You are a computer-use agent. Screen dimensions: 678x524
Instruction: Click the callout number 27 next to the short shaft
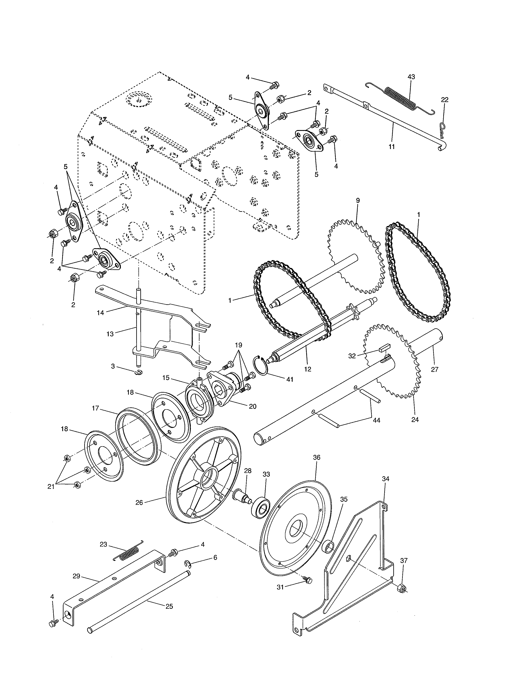tap(435, 369)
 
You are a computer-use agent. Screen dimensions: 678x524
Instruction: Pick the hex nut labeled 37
tap(402, 588)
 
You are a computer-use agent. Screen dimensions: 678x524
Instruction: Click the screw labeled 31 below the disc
tap(308, 580)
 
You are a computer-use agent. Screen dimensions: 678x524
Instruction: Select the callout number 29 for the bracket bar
tap(76, 577)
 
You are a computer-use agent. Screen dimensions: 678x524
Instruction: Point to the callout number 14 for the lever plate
tap(100, 313)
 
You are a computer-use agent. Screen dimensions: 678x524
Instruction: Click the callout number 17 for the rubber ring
tap(95, 408)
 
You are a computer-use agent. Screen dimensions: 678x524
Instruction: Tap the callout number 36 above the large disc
tap(317, 457)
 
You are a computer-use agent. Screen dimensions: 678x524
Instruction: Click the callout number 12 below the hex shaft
tap(308, 369)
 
